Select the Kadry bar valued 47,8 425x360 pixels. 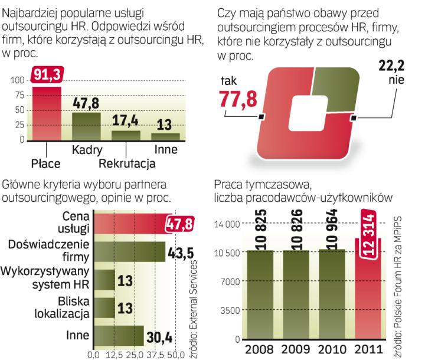[x=86, y=126]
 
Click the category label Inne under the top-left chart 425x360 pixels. [x=165, y=150]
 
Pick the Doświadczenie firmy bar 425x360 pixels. [x=127, y=251]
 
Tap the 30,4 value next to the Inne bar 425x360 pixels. [x=159, y=338]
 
